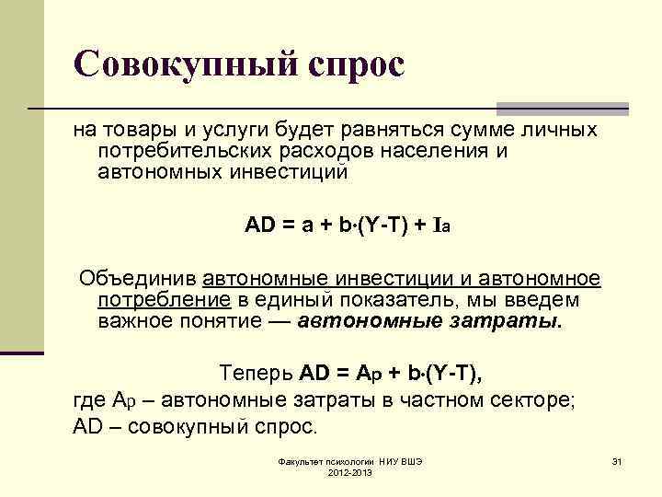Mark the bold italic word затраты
(511, 321)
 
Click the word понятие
(220, 321)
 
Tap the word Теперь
(256, 373)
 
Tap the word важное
(131, 321)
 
